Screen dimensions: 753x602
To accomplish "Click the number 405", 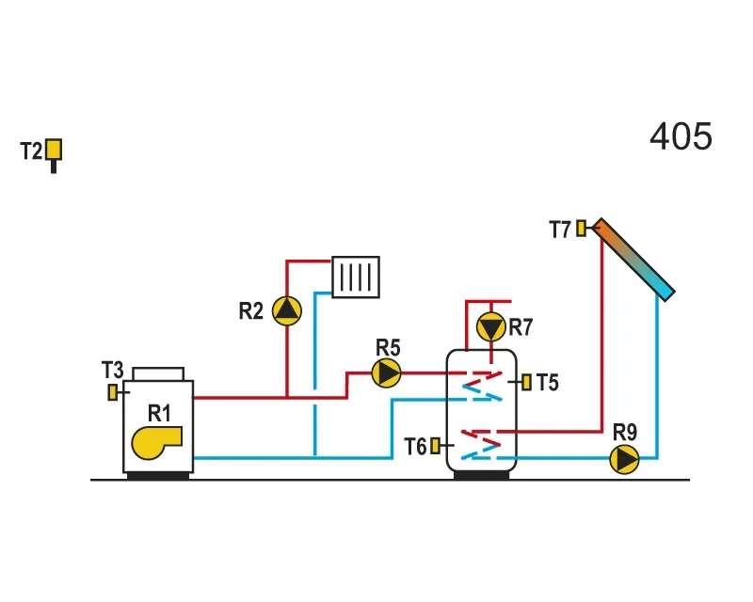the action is click(x=681, y=136).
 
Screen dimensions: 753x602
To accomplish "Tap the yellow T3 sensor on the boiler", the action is click(x=112, y=392).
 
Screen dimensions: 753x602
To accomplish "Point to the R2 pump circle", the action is click(x=287, y=310).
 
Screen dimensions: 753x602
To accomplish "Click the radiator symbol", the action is click(x=356, y=277).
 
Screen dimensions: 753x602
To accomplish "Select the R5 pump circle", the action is click(x=387, y=373).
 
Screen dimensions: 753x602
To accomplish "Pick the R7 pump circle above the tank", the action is click(x=490, y=327).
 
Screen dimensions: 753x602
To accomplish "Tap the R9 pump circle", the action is click(x=624, y=459).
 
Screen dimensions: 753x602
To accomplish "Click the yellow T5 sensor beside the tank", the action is click(x=527, y=382).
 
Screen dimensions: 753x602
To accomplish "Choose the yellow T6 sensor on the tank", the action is click(x=435, y=446).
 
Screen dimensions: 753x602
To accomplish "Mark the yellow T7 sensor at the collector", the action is click(x=581, y=228).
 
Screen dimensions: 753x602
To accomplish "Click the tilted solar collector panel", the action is click(x=633, y=260).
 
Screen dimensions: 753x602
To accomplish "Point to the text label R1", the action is click(x=159, y=413).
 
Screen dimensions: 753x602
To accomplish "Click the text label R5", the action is click(x=388, y=348).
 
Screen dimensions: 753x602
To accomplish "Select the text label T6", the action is click(x=415, y=447).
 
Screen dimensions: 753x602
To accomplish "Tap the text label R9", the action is click(x=625, y=432).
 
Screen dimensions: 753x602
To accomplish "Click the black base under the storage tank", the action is click(x=481, y=475).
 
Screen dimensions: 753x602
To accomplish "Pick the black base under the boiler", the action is click(x=158, y=475).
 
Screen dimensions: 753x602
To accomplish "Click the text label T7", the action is click(x=560, y=230).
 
